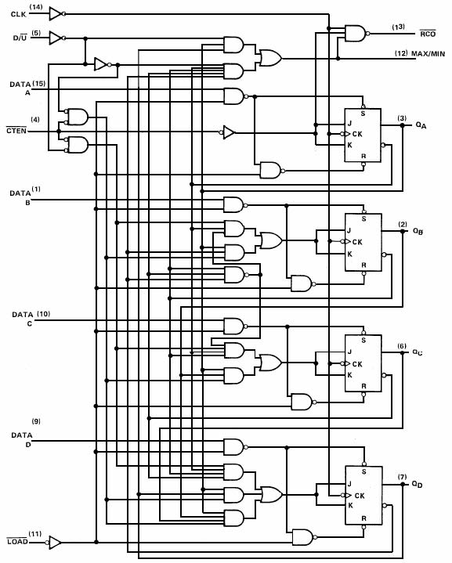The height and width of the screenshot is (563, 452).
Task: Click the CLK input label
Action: pos(18,14)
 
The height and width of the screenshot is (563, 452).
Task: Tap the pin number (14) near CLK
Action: pos(35,6)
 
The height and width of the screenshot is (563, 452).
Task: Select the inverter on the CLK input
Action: pos(56,13)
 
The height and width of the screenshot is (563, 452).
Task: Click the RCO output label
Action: pos(428,34)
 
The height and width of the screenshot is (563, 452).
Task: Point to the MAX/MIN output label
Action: pos(428,54)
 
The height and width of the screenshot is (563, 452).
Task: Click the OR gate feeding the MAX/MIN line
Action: pos(271,58)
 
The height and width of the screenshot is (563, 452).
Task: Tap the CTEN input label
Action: pos(16,130)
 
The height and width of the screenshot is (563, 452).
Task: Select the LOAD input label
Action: pos(17,541)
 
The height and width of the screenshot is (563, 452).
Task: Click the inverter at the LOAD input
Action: pos(54,542)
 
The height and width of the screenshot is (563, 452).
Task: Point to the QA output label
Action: pos(421,125)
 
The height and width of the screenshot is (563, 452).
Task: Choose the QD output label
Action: pos(418,485)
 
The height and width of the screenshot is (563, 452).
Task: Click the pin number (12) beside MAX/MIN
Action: pos(401,53)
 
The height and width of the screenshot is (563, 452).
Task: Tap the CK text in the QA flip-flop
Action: pos(357,134)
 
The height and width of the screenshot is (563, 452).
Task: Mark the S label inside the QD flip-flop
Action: pos(364,472)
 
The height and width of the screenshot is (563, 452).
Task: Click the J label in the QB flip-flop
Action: pos(349,230)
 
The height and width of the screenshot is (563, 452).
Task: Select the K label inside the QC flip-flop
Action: pos(349,375)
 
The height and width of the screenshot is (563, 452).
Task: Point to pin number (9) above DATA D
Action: pos(36,420)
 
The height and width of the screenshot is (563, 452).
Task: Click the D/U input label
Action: pos(20,38)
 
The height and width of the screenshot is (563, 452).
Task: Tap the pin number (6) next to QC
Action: pos(402,346)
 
